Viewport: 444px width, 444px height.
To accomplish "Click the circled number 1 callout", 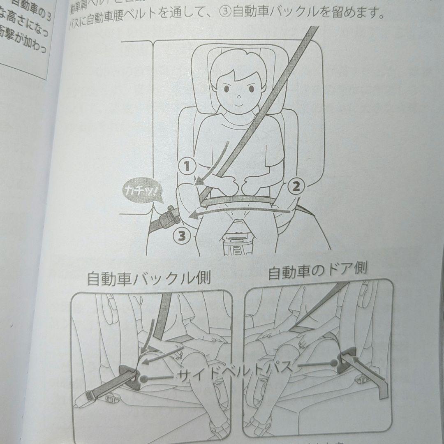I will [x=187, y=166].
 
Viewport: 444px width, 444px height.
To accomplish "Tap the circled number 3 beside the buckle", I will [x=180, y=236].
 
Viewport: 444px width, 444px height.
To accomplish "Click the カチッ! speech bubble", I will [x=141, y=191].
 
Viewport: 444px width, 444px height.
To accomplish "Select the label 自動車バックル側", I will [x=149, y=279].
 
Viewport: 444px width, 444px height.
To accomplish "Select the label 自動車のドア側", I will [x=317, y=272].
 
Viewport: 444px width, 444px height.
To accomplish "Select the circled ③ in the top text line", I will [x=226, y=14].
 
